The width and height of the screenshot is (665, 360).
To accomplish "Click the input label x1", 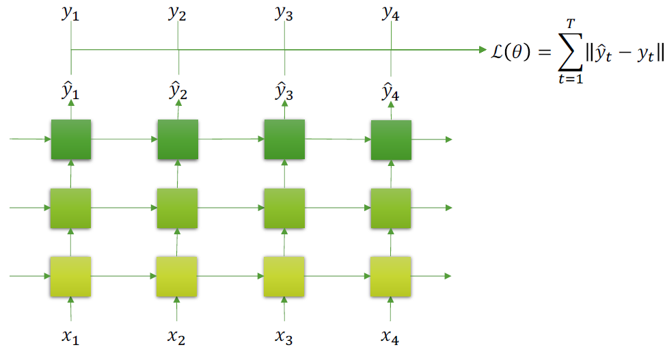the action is pos(71,337).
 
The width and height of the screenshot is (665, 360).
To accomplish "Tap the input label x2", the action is pos(177,337).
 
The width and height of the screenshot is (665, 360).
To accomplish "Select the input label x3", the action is pos(284,337).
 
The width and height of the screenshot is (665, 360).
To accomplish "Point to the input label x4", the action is pos(390,337).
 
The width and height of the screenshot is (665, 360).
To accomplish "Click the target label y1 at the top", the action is pos(71,14).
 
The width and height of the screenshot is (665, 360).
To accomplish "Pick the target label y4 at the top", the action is pos(390,14).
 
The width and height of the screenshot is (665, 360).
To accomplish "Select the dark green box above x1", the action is pos(71,139).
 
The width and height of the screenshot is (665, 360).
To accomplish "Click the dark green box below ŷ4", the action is pos(391,140).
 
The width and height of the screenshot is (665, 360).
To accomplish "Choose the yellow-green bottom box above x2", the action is pos(178,276).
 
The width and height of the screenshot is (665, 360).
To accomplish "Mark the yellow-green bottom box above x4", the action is pos(391,276).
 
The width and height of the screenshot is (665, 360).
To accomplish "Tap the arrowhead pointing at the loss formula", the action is pos(480,50).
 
